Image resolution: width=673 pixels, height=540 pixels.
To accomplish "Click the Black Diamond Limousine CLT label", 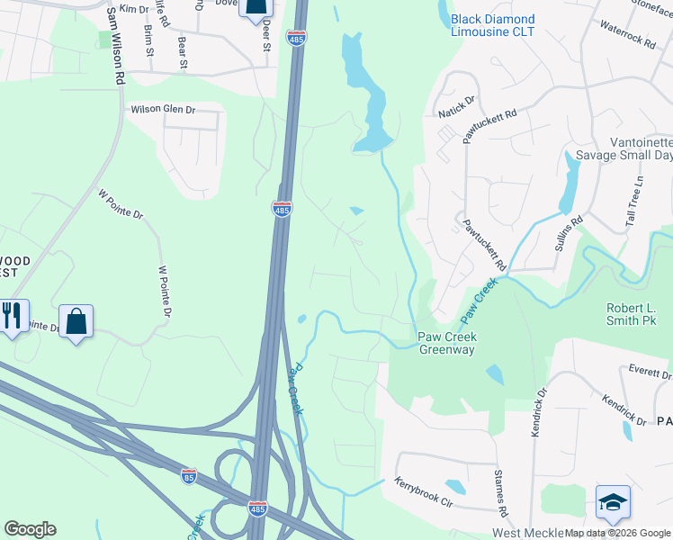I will tap(492, 25).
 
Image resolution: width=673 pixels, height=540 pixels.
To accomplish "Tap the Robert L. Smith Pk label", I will tap(644, 314).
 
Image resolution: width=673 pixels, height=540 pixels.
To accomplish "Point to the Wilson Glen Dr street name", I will tap(163, 109).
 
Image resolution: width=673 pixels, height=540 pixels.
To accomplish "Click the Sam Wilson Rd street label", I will tap(114, 47).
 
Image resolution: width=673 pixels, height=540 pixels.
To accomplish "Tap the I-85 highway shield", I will tap(189, 474).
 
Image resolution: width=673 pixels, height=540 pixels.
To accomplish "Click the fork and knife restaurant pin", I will tap(12, 316).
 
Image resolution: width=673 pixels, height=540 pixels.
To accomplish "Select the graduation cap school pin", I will tap(613, 502).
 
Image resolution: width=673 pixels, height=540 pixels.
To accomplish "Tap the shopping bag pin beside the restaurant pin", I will tap(76, 320).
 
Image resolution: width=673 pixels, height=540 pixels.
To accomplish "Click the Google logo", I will tap(30, 529).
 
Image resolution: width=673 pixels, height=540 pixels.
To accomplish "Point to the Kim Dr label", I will tap(133, 9).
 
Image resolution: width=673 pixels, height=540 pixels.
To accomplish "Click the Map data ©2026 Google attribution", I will tap(618, 533).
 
